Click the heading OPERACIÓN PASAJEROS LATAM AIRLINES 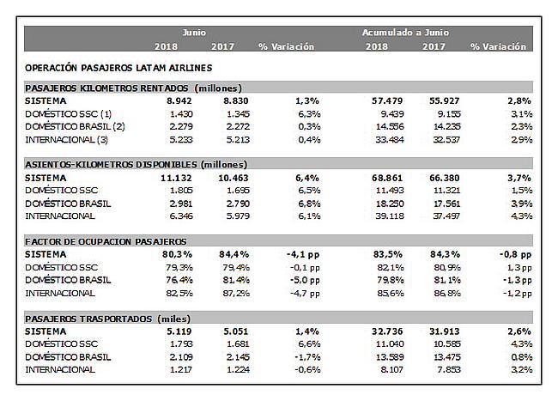(x=118, y=67)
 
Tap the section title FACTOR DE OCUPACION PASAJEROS (x=106, y=241)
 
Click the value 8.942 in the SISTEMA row (x=167, y=100)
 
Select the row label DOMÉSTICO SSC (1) (x=69, y=112)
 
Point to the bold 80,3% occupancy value (x=165, y=254)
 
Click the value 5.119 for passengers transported (x=167, y=331)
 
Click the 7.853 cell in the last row (x=438, y=369)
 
